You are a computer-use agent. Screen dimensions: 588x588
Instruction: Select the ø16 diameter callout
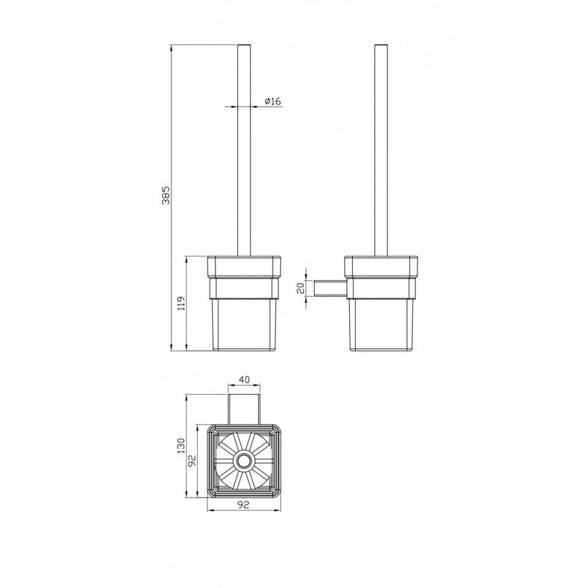(x=272, y=101)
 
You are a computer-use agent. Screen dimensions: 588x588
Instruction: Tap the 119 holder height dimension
(x=181, y=304)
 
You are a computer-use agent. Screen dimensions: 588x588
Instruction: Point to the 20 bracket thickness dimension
(x=300, y=288)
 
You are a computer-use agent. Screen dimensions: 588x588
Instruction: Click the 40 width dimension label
(x=244, y=380)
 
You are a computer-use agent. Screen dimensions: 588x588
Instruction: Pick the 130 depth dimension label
(x=181, y=446)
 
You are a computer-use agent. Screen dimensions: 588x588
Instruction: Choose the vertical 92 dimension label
(x=193, y=461)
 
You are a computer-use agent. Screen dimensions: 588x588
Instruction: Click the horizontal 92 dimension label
(x=244, y=505)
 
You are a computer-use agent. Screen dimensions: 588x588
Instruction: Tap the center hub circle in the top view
(x=244, y=461)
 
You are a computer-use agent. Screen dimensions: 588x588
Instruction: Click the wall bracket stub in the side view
(x=329, y=288)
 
